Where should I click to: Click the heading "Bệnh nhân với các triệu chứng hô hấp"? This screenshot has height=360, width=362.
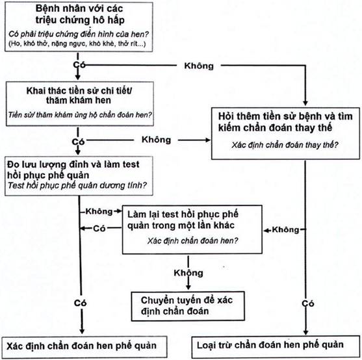point(79,14)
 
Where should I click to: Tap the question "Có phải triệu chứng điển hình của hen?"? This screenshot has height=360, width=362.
point(79,34)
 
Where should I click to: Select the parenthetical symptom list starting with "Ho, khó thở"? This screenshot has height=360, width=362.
point(77,44)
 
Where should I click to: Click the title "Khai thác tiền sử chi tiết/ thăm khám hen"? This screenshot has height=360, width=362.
point(79,96)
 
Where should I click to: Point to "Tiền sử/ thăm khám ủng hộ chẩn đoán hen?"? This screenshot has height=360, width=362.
point(80,114)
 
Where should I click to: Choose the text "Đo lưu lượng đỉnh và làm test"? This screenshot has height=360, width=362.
point(73,164)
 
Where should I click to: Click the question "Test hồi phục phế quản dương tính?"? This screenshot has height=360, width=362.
point(77,185)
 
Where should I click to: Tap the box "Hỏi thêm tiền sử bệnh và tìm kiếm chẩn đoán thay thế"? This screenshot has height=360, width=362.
point(285,133)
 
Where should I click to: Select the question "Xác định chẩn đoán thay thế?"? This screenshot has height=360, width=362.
point(285,145)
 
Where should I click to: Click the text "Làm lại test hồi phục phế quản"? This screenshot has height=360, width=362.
point(183,214)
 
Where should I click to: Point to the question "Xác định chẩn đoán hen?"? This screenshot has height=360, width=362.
point(192,240)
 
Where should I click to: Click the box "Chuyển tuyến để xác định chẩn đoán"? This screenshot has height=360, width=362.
point(188,306)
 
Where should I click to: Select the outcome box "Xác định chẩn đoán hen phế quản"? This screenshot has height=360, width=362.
point(84,347)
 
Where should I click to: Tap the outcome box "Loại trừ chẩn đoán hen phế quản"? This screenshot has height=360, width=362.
point(276,346)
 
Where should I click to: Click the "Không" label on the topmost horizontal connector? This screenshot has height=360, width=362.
point(199,66)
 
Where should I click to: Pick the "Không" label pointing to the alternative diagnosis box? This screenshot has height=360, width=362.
point(156,140)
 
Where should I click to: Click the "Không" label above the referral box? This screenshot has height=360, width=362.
point(188,273)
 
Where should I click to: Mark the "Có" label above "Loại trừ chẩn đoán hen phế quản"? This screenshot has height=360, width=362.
point(308,303)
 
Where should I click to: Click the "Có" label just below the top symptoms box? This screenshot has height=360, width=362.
point(79,65)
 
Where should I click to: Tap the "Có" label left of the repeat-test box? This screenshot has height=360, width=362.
point(99,229)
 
